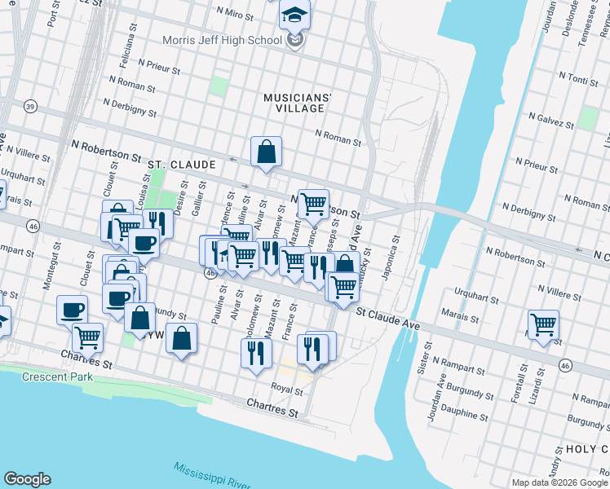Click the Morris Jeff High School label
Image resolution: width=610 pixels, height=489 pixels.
click(222, 40)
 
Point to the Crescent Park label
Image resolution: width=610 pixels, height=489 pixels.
click(57, 377)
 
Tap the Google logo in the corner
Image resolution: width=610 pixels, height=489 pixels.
click(27, 479)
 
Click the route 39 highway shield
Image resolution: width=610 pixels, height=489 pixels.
click(30, 107)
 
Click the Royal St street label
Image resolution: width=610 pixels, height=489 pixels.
click(286, 389)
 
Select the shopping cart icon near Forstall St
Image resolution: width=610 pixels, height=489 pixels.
click(542, 325)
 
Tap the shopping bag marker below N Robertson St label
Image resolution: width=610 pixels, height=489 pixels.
click(266, 151)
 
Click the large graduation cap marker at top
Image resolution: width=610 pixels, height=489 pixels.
click(294, 15)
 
